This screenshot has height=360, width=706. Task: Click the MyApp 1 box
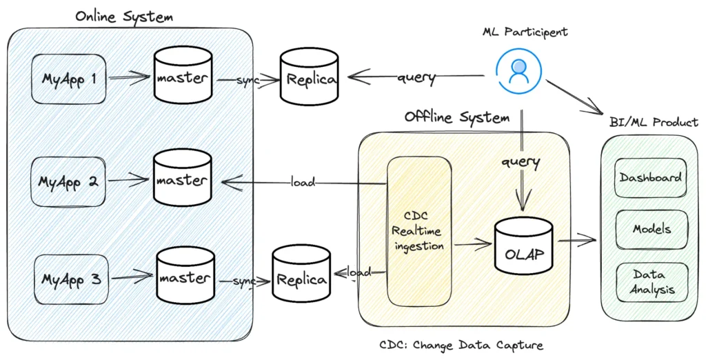point(68,79)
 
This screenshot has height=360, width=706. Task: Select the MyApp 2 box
point(68,182)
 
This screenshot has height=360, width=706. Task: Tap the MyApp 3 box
point(72,279)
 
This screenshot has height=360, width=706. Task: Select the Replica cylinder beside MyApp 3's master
point(301,279)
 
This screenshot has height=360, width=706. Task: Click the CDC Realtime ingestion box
point(418,231)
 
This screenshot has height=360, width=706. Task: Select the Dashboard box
point(650,178)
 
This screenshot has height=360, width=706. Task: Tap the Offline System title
point(457,117)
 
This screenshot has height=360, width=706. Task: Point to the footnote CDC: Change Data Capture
point(466,345)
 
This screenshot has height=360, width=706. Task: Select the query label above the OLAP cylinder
point(521,163)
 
